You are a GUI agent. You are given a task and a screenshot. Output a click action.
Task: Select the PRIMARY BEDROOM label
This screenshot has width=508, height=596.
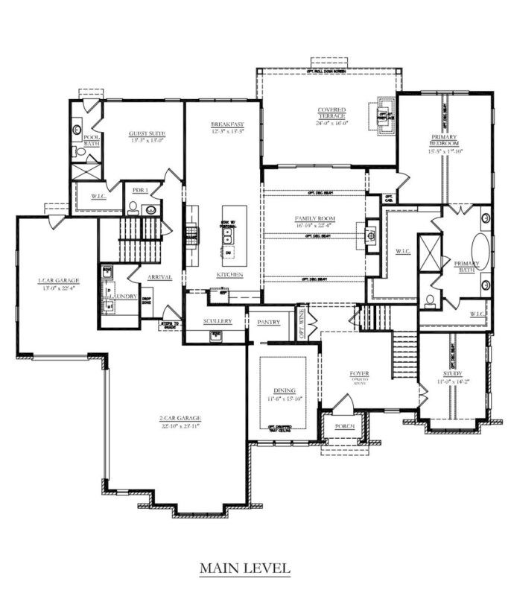pyautogui.click(x=443, y=142)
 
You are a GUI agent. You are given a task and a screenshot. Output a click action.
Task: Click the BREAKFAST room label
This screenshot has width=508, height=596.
pyautogui.click(x=223, y=124)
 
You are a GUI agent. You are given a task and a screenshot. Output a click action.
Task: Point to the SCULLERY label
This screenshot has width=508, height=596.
pyautogui.click(x=218, y=321)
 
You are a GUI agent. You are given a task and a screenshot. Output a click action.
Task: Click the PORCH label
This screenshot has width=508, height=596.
pyautogui.click(x=346, y=425)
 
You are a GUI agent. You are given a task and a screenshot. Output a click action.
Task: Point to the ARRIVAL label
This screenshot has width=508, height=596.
pyautogui.click(x=159, y=277)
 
